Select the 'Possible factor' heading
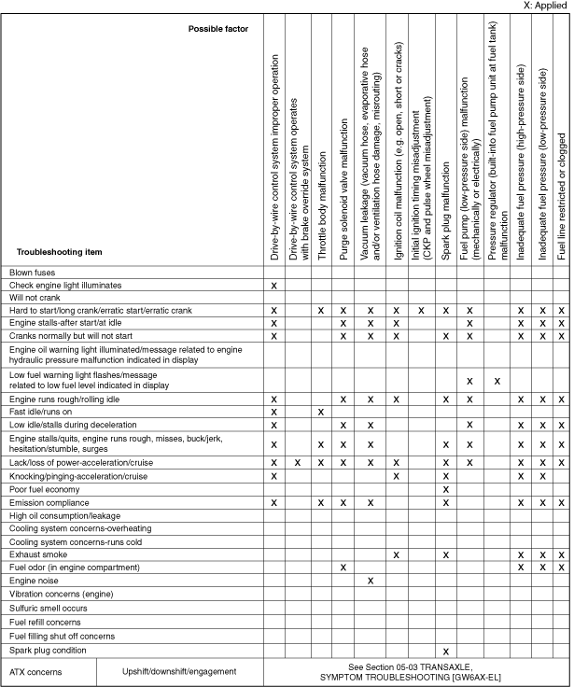tap(217, 29)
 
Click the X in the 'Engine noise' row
tap(371, 581)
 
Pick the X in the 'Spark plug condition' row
tap(446, 651)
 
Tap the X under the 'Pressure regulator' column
tap(497, 381)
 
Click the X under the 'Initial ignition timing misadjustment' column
tap(421, 310)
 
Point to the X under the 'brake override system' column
tap(298, 463)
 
